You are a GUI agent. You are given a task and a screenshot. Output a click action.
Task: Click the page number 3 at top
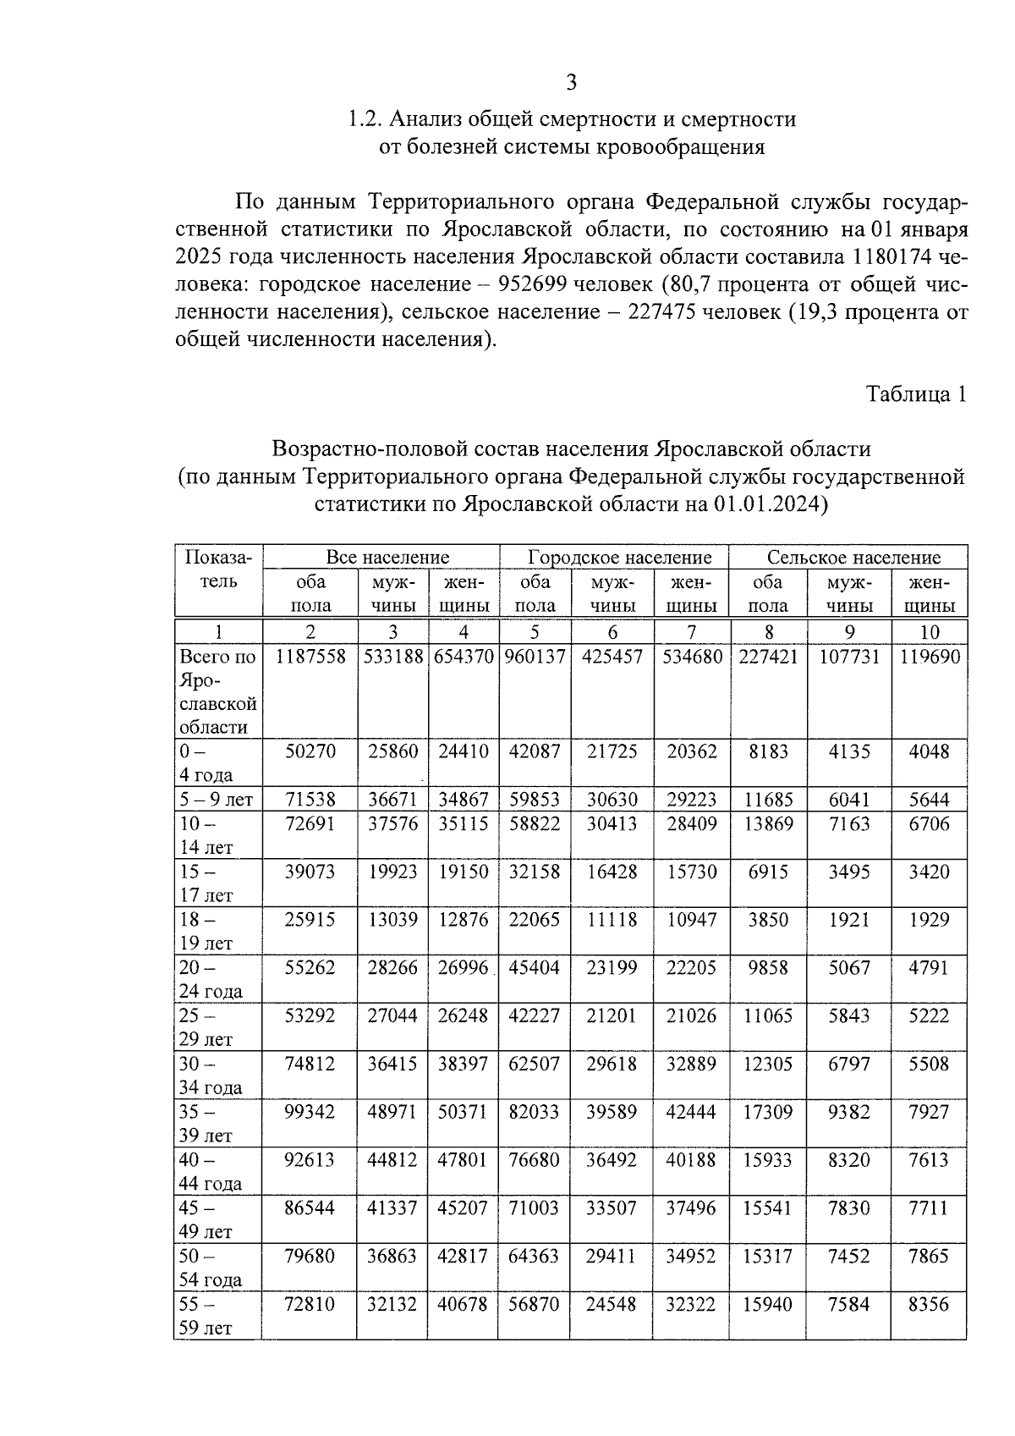(x=571, y=82)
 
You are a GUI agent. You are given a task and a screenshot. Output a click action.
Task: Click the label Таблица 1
(x=914, y=394)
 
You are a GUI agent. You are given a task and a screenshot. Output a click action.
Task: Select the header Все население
(x=387, y=557)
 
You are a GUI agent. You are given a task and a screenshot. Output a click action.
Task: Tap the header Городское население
(x=619, y=557)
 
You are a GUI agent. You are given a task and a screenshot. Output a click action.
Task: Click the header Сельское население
(x=853, y=557)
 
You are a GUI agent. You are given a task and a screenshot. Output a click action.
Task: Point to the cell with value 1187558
(x=310, y=657)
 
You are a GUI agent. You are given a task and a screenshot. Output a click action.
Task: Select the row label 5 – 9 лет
(x=217, y=800)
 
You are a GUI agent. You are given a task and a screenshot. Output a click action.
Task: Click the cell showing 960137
(x=535, y=657)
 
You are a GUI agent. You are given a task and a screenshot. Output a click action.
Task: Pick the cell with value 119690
(x=929, y=657)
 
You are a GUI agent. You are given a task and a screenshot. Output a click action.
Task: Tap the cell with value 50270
(x=310, y=751)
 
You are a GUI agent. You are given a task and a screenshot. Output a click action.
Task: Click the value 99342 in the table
(x=310, y=1112)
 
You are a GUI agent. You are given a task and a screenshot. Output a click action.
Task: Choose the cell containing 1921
(x=848, y=920)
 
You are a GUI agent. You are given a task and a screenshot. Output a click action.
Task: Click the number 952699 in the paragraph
(x=545, y=284)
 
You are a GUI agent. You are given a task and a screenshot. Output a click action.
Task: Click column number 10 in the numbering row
(x=929, y=632)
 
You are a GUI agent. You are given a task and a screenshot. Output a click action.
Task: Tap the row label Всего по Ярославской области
(x=217, y=691)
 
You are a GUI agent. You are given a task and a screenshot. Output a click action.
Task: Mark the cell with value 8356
(x=929, y=1304)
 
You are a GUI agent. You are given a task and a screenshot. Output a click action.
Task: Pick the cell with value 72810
(x=310, y=1304)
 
